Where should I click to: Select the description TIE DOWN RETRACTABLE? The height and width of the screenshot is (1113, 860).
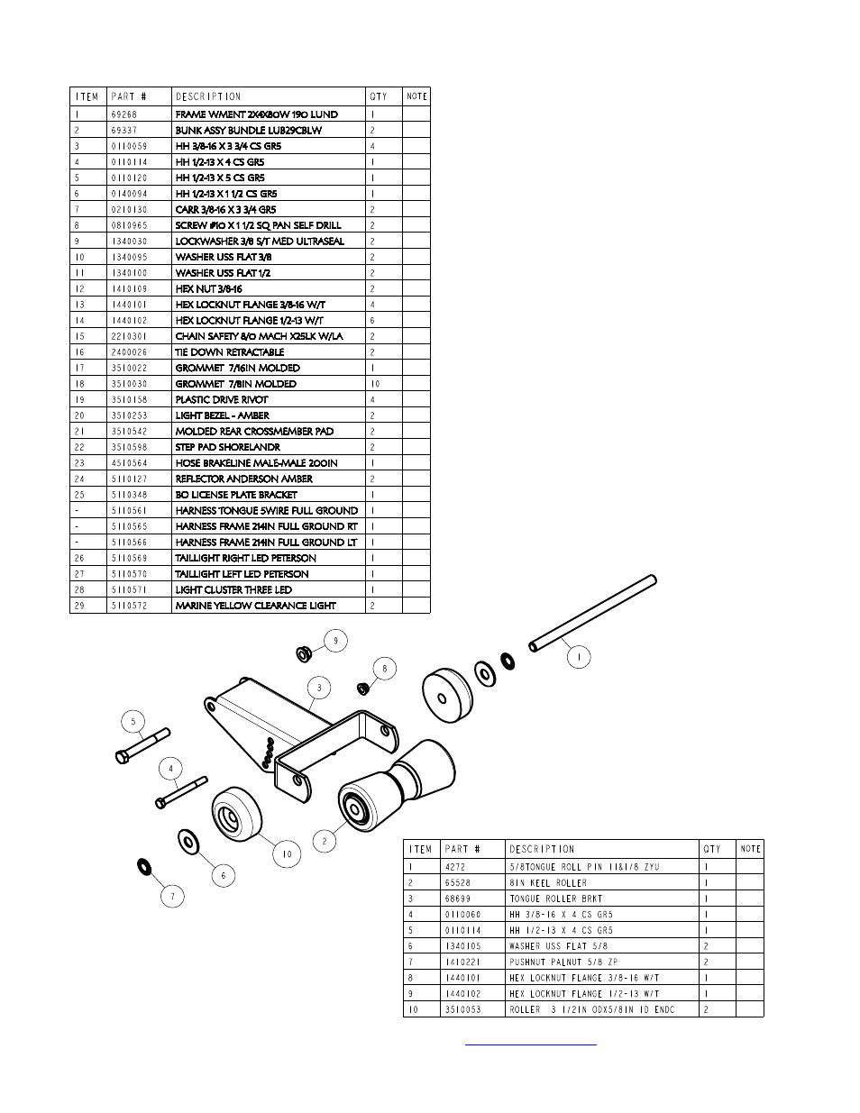click(x=229, y=352)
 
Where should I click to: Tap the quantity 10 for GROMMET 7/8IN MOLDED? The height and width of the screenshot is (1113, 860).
click(x=375, y=384)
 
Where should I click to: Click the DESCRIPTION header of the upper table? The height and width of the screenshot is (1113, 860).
click(x=208, y=96)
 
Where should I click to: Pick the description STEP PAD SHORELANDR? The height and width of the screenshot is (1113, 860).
click(x=227, y=447)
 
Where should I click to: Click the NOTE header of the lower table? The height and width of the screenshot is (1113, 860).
click(x=750, y=849)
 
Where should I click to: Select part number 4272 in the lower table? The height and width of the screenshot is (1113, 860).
click(x=456, y=867)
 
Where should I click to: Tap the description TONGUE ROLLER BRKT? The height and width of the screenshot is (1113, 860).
click(x=555, y=899)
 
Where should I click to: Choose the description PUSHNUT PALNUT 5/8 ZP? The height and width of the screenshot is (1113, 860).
click(x=563, y=962)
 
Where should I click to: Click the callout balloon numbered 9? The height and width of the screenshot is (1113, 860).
click(x=335, y=641)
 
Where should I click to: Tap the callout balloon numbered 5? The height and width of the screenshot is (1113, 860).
click(x=133, y=721)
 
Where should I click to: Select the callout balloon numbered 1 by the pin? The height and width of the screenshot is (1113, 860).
click(x=578, y=658)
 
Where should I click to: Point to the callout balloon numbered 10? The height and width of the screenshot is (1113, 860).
click(x=287, y=854)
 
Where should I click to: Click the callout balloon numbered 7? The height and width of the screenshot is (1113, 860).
click(x=172, y=896)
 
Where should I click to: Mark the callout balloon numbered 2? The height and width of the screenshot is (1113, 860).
click(x=324, y=841)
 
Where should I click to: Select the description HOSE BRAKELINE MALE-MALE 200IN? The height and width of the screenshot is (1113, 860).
click(x=256, y=463)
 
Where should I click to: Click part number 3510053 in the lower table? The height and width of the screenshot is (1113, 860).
click(x=462, y=1009)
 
